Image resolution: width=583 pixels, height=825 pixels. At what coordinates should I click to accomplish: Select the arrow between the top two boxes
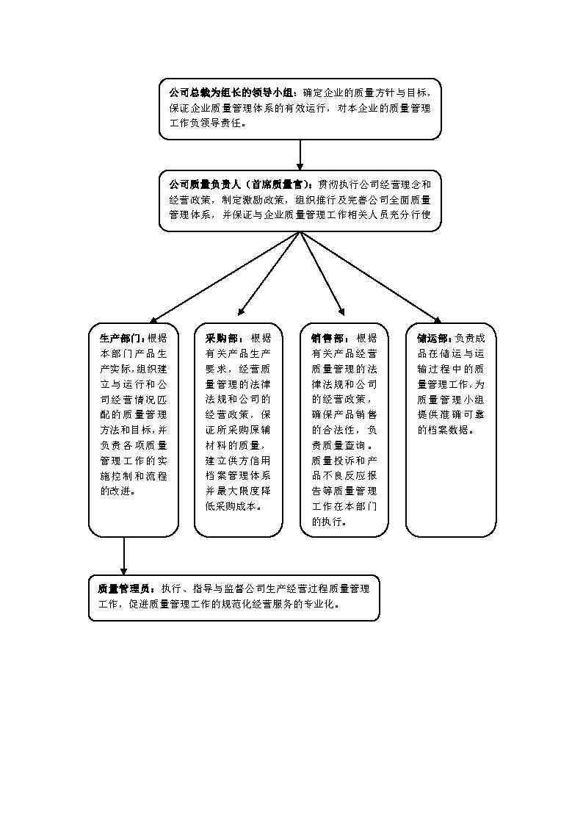(300, 155)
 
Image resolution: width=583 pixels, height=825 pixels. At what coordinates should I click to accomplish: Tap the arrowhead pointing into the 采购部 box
(241, 311)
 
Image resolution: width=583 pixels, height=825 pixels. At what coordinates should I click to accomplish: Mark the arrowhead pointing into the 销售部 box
(341, 310)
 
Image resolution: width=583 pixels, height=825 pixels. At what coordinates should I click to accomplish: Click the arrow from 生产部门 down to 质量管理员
(123, 556)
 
